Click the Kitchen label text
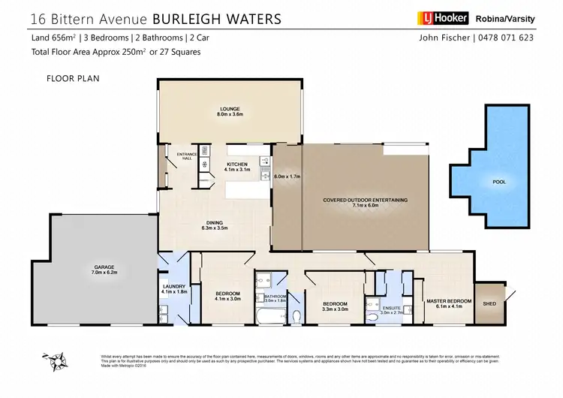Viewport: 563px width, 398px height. click(238, 167)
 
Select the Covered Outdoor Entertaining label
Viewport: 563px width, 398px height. click(365, 201)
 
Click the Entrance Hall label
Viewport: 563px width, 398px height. click(185, 156)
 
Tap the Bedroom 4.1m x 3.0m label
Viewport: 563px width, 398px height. click(227, 296)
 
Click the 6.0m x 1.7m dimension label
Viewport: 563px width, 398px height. click(288, 177)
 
